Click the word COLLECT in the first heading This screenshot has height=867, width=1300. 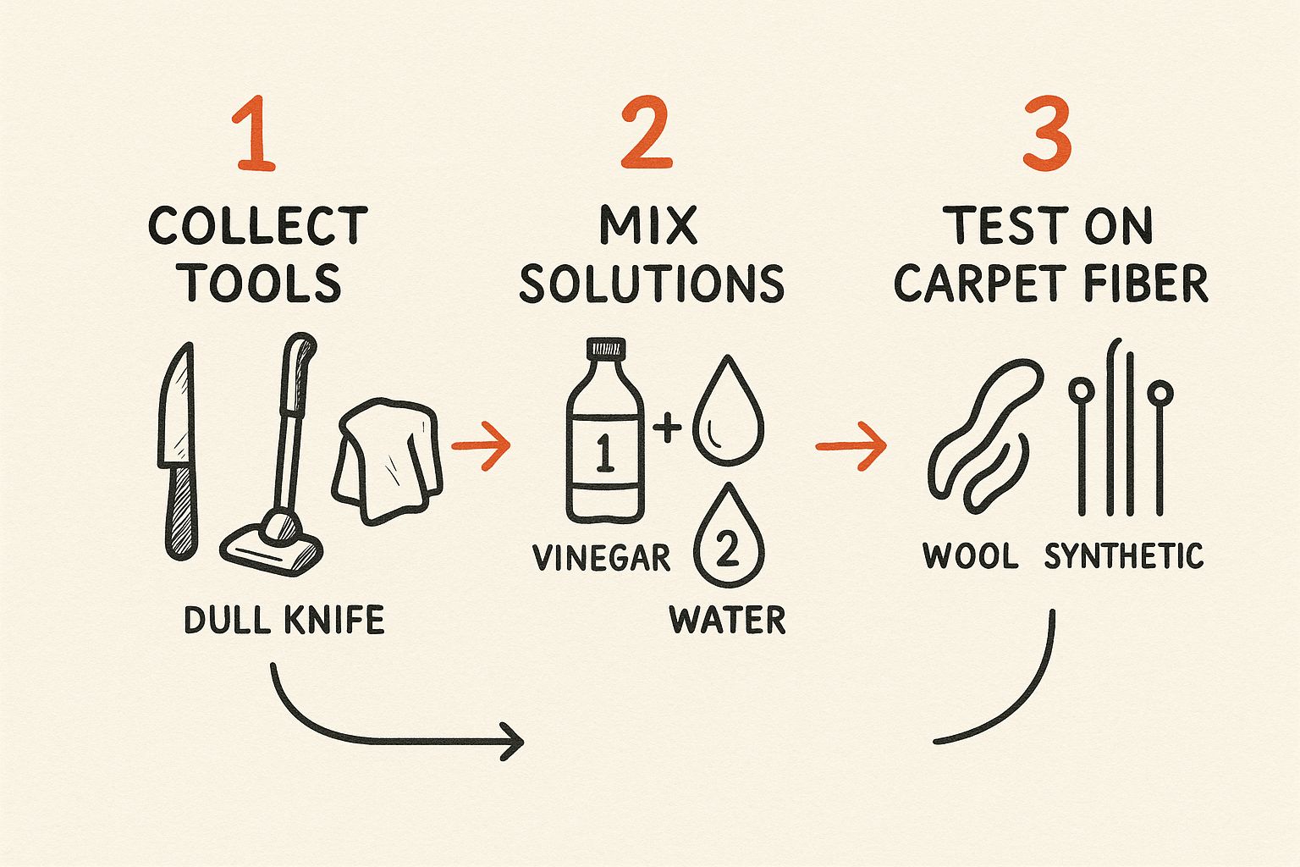point(258,226)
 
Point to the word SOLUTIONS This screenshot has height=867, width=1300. point(651,284)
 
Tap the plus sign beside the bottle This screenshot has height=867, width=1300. point(668,428)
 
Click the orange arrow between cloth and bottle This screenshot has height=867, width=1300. point(481,444)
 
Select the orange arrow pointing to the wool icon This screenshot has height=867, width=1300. point(851,445)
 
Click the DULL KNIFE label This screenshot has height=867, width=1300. point(284,621)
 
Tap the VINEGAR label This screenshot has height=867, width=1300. point(602,558)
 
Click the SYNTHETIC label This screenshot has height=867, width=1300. point(1123,556)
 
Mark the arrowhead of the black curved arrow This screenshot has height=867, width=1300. point(513,742)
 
